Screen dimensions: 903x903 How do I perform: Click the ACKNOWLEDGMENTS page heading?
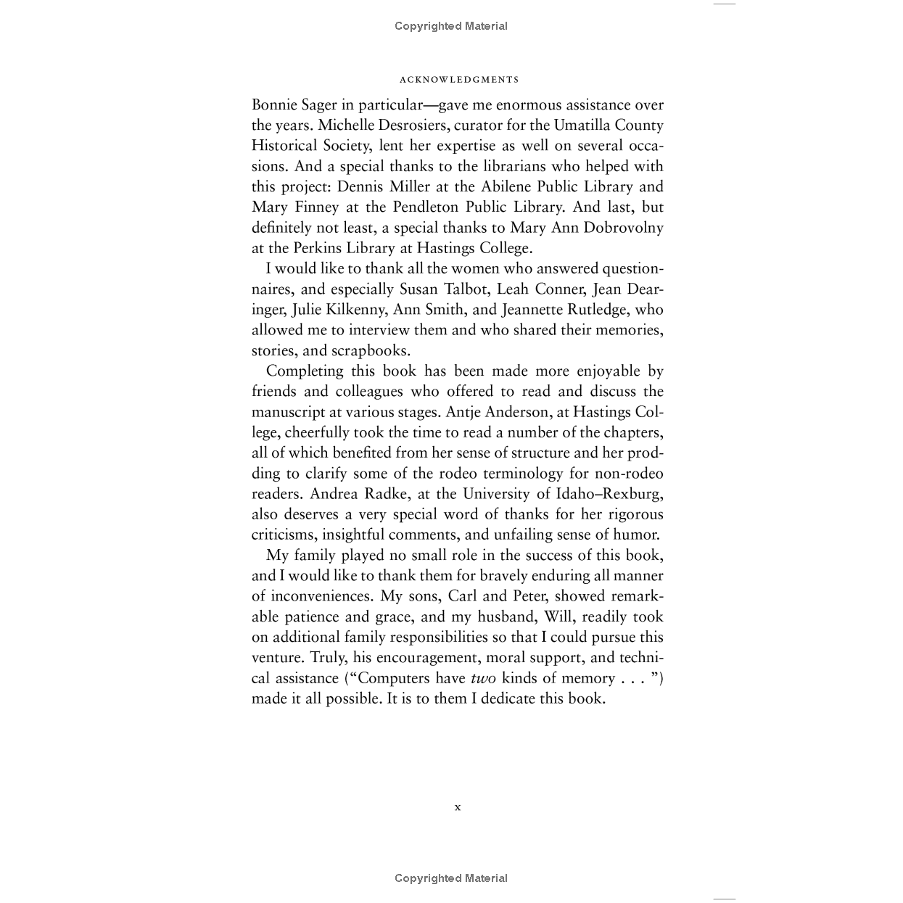[459, 80]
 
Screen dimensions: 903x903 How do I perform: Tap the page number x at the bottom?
[457, 807]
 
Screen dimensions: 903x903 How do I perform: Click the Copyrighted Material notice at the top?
[450, 26]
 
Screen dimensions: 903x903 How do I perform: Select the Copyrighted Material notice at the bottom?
[450, 878]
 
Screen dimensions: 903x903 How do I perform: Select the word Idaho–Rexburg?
[609, 494]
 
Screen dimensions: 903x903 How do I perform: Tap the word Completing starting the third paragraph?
[305, 371]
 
